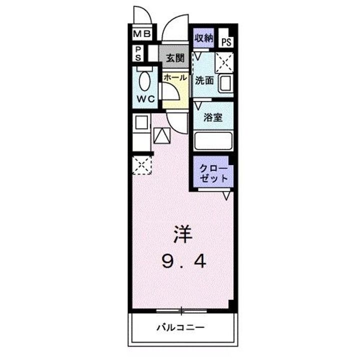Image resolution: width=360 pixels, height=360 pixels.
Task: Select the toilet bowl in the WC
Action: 145,81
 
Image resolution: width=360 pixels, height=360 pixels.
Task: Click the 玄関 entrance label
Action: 174,57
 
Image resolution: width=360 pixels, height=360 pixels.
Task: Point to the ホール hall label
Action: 175,78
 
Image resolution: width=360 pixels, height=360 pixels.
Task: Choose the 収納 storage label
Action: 204,38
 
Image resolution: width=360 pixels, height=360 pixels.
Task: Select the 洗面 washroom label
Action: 204,80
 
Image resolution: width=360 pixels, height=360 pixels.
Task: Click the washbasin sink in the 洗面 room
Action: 225,82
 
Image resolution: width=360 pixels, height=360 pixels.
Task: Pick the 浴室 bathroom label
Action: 213,117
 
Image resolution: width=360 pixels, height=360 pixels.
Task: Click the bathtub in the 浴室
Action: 213,140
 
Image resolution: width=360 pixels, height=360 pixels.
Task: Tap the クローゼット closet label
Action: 213,173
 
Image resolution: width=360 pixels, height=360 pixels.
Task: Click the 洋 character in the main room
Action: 183,234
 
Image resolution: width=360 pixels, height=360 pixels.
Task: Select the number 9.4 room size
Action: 183,260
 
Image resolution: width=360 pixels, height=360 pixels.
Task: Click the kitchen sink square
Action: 141,123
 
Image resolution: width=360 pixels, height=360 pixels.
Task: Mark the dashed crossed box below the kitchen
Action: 142,164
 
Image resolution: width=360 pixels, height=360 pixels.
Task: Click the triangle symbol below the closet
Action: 226,195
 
